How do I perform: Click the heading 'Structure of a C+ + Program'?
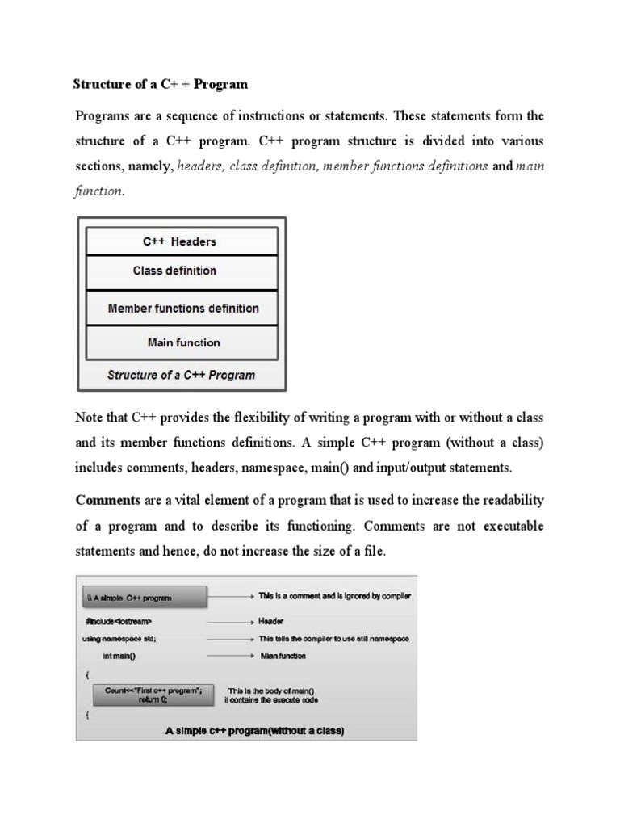pyautogui.click(x=161, y=84)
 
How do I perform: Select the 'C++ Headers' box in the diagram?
pyautogui.click(x=181, y=241)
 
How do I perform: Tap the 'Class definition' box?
pyautogui.click(x=181, y=271)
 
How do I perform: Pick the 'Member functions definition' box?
pyautogui.click(x=182, y=308)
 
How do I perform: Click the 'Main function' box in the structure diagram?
pyautogui.click(x=182, y=342)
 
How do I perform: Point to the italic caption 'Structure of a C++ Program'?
pyautogui.click(x=181, y=375)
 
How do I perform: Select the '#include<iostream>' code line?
pyautogui.click(x=119, y=623)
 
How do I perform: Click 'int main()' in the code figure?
pyautogui.click(x=119, y=656)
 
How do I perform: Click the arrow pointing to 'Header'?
pyautogui.click(x=229, y=623)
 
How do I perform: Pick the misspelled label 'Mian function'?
pyautogui.click(x=283, y=656)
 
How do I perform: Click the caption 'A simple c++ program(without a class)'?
pyautogui.click(x=254, y=731)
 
